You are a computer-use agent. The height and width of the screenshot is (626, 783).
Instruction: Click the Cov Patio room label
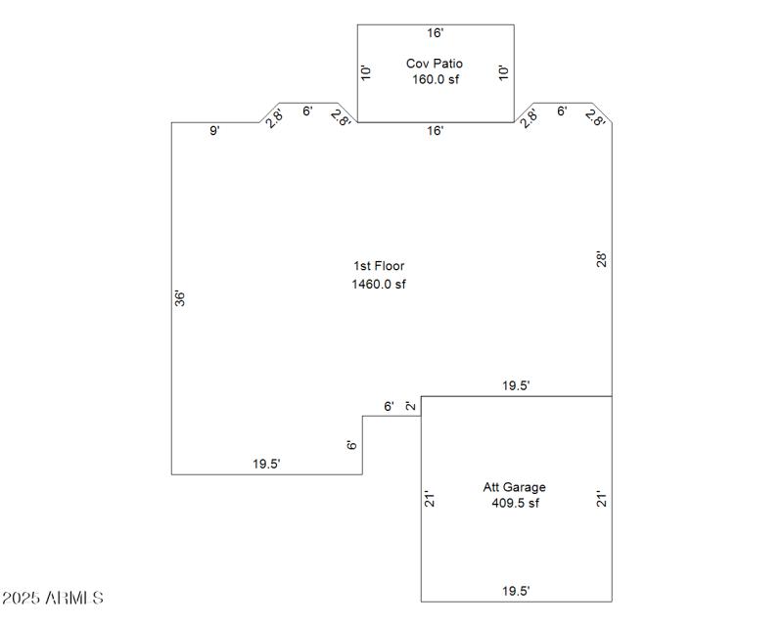click(435, 64)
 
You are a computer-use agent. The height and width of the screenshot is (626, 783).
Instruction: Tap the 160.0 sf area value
click(435, 79)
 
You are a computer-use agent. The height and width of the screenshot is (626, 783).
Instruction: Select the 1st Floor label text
click(379, 266)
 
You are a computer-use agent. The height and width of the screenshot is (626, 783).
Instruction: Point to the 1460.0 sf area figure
click(379, 285)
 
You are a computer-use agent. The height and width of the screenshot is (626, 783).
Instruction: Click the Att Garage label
click(515, 487)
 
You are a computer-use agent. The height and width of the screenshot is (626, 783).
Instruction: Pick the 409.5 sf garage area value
click(515, 504)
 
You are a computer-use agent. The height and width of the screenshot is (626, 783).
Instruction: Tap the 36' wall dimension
click(180, 298)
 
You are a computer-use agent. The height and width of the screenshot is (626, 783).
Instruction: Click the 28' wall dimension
click(603, 259)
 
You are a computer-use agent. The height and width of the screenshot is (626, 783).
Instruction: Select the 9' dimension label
click(214, 131)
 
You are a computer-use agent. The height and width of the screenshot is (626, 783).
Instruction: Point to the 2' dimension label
click(411, 406)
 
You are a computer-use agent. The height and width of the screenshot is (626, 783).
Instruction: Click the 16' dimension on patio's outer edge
click(435, 32)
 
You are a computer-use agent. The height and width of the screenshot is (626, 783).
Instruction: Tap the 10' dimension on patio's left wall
click(365, 72)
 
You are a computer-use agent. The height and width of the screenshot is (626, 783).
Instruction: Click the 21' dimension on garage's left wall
click(429, 499)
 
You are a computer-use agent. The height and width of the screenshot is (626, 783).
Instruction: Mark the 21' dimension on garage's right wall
click(603, 499)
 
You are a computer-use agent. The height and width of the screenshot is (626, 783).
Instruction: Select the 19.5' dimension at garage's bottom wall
click(516, 591)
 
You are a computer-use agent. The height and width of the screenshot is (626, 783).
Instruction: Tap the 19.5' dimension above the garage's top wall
click(516, 386)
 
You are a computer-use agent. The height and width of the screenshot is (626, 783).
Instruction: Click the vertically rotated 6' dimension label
click(352, 445)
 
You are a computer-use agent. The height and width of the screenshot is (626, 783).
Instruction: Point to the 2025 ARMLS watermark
click(53, 598)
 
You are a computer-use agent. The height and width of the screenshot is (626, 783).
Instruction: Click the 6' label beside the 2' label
click(389, 406)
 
